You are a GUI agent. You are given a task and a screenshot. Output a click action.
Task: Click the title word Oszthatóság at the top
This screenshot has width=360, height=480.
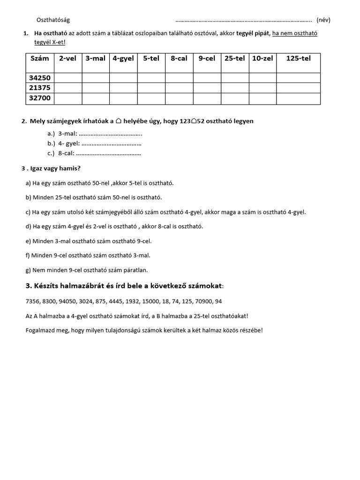(x=53, y=20)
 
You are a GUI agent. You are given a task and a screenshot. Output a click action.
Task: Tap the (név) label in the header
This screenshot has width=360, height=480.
(x=323, y=20)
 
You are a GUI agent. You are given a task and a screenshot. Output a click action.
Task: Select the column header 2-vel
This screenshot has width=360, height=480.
(x=67, y=59)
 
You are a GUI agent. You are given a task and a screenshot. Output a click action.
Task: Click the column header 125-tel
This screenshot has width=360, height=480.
(x=298, y=59)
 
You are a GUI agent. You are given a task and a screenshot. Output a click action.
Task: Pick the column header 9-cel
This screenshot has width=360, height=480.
(x=207, y=59)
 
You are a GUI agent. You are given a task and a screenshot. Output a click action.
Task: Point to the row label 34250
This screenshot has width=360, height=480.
(x=40, y=78)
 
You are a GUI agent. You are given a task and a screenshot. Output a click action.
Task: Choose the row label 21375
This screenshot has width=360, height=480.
(x=40, y=88)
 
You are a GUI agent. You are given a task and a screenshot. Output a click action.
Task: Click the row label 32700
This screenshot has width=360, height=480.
(x=40, y=98)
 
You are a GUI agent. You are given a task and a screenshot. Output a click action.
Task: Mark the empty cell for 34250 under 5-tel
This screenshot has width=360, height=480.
(x=151, y=78)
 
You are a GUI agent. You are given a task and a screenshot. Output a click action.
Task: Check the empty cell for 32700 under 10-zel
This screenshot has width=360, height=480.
(x=262, y=98)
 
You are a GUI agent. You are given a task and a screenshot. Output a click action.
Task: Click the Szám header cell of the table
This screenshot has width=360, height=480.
(x=39, y=59)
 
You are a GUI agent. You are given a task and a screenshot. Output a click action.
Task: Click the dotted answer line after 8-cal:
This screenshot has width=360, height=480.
(x=108, y=153)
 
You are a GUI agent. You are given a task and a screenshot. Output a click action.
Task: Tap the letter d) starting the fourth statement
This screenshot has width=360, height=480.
(x=28, y=226)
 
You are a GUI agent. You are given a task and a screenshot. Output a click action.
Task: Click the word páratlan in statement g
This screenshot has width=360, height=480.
(x=135, y=270)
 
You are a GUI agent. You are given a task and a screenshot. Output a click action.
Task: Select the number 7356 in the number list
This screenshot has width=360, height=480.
(x=33, y=301)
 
